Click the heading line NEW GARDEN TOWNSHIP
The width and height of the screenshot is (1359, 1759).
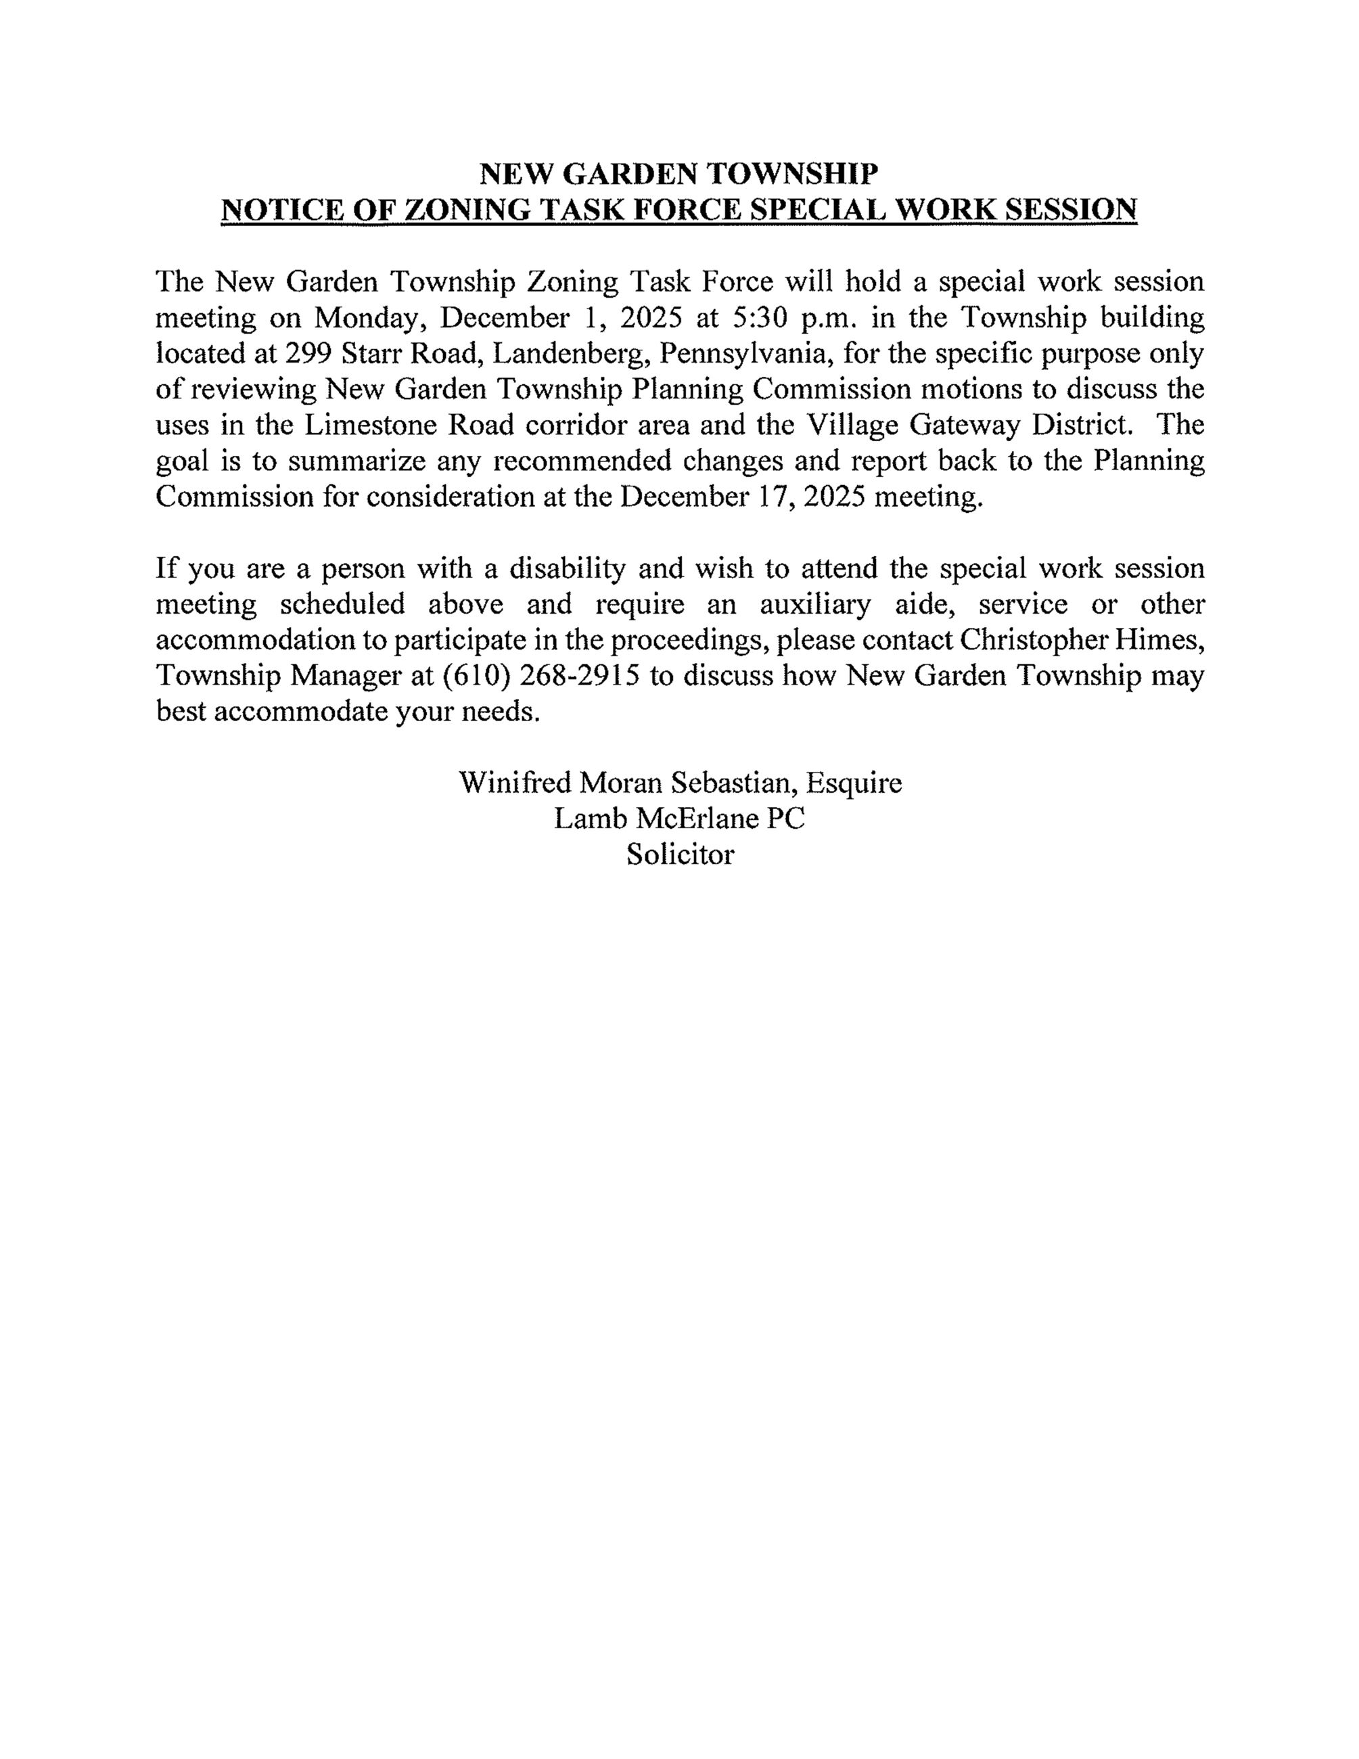(x=678, y=173)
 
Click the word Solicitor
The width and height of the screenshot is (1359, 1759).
(x=681, y=854)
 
